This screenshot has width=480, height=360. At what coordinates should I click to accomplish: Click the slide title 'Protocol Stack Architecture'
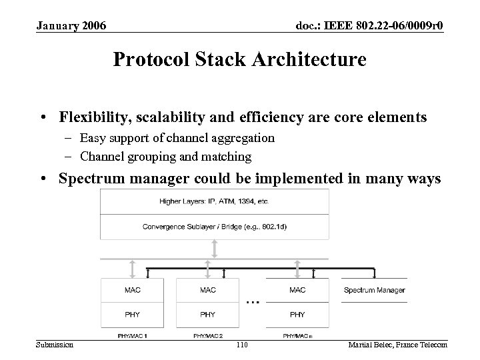click(x=239, y=60)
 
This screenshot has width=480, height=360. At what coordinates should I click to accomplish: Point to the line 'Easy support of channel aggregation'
click(x=177, y=138)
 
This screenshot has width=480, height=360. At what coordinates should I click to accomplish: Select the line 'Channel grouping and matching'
click(x=165, y=157)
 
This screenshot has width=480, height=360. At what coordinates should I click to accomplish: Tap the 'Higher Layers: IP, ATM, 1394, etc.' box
click(x=213, y=201)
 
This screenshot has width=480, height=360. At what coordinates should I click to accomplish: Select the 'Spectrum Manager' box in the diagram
click(x=374, y=290)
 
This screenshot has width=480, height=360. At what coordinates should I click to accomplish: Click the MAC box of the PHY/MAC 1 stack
click(x=132, y=290)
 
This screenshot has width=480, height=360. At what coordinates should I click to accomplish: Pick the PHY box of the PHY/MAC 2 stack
click(x=207, y=314)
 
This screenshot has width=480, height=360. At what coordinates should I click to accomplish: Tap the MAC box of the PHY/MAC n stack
click(x=297, y=290)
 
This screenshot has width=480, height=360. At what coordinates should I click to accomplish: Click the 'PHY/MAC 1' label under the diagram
click(x=132, y=335)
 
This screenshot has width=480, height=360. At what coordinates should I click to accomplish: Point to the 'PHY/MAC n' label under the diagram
click(x=297, y=335)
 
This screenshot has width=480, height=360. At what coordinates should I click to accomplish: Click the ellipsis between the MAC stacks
click(x=253, y=301)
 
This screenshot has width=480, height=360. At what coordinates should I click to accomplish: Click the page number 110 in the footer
click(x=241, y=344)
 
